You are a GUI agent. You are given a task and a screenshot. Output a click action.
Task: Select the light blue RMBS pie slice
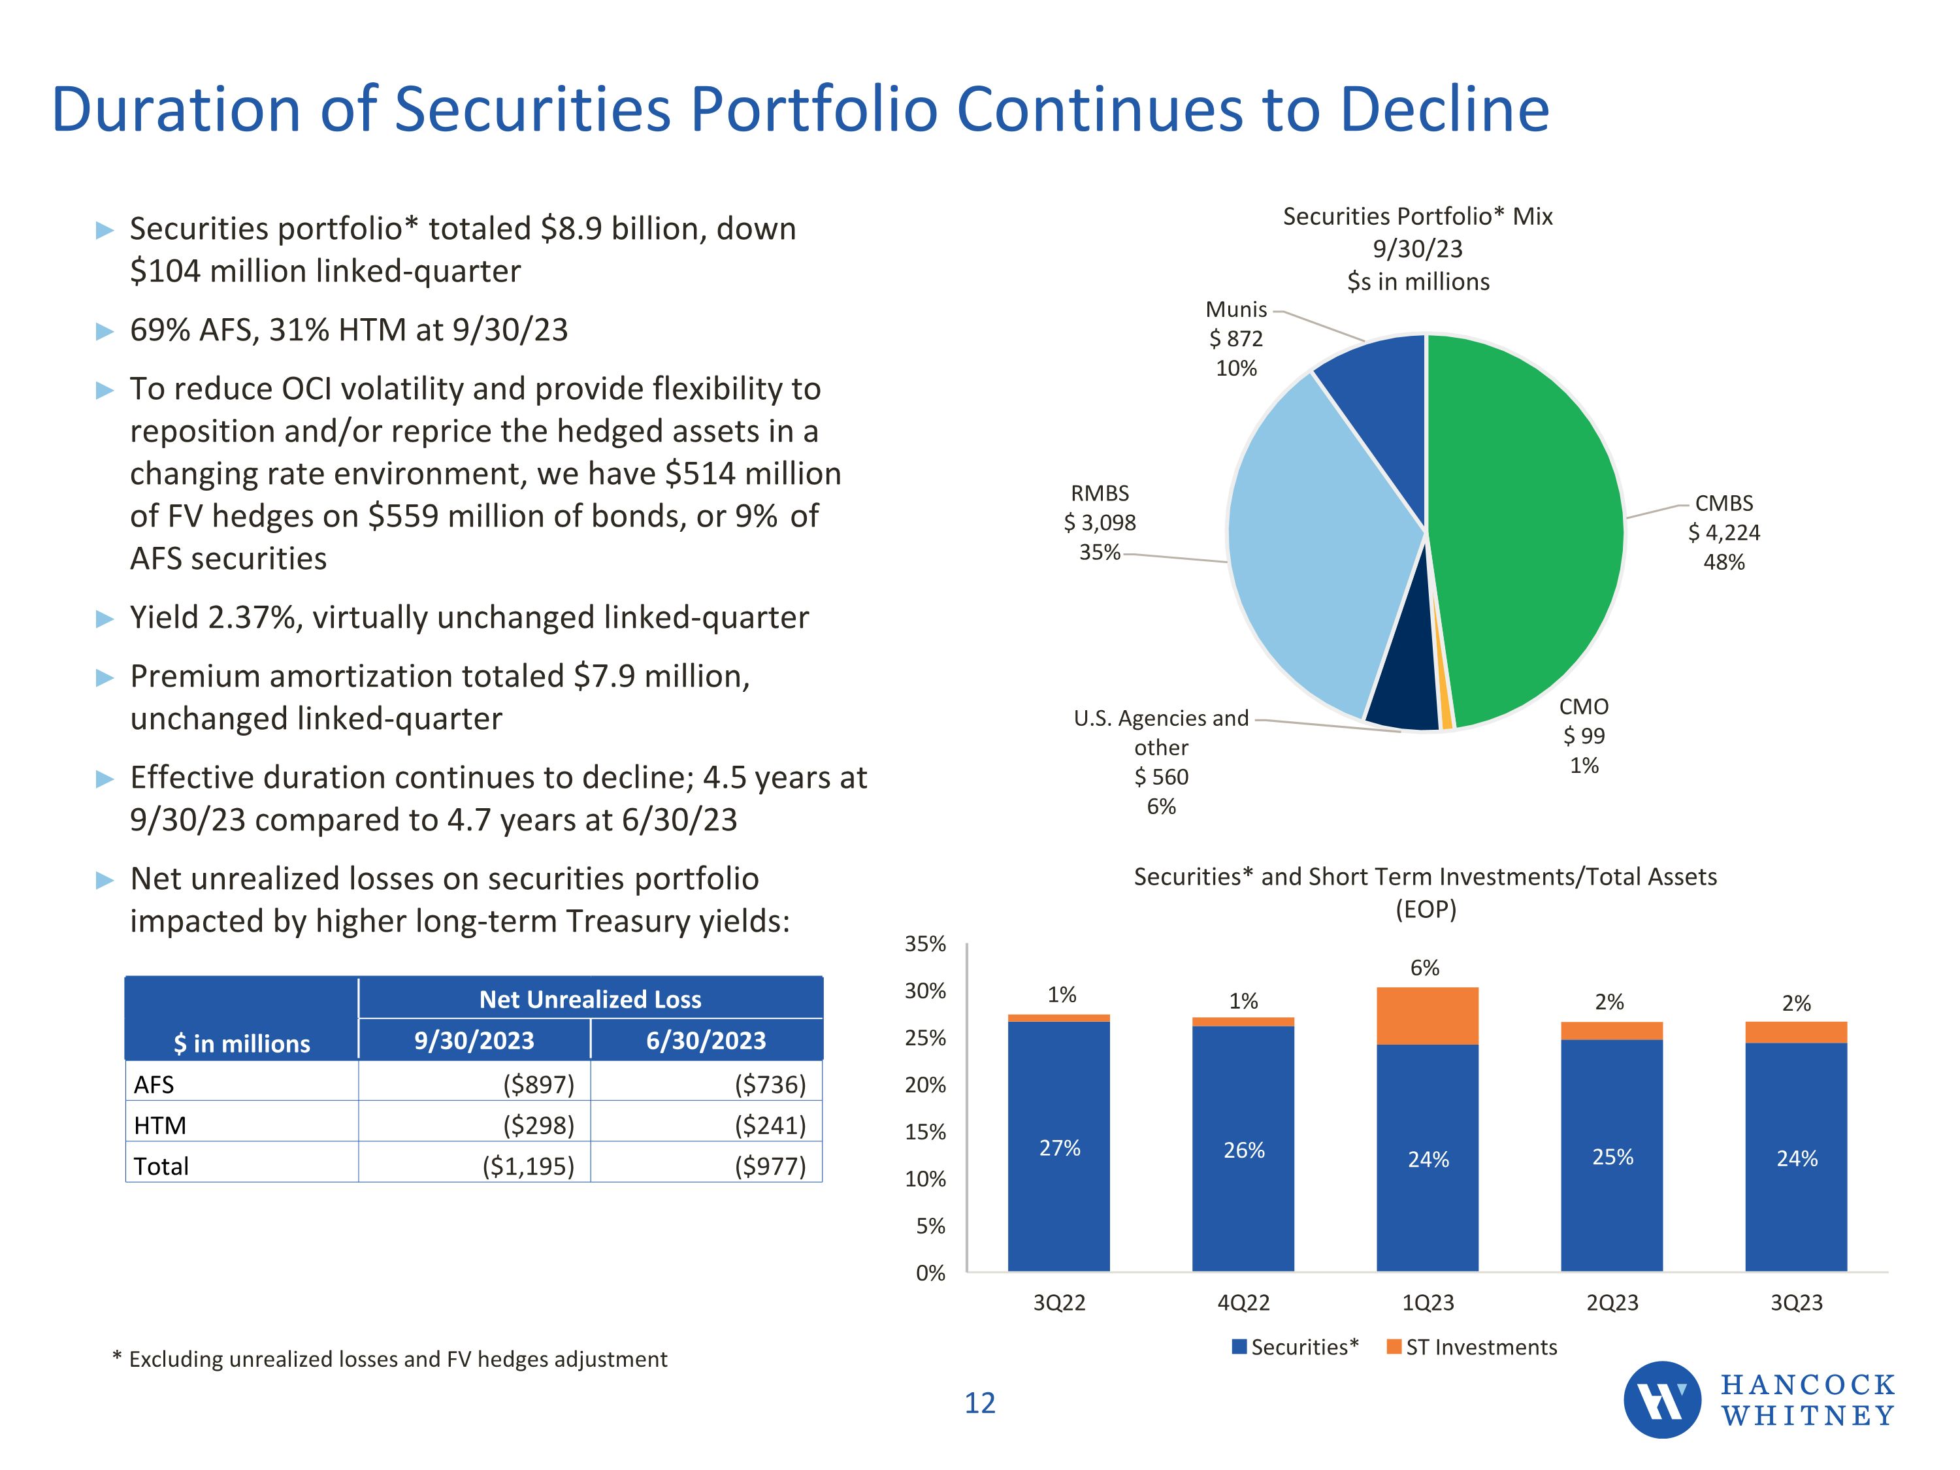point(1311,549)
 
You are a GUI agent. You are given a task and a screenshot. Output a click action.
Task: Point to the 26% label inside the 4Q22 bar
point(1243,1150)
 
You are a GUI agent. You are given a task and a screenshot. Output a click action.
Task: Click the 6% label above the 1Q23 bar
point(1425,968)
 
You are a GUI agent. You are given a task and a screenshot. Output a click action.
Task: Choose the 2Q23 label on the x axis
point(1612,1303)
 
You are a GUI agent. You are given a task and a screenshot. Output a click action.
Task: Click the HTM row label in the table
point(160,1125)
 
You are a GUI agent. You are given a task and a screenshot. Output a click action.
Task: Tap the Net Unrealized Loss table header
point(590,1000)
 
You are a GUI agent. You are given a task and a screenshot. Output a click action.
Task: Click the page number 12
point(979,1403)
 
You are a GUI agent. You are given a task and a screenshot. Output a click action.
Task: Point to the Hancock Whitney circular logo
point(1661,1399)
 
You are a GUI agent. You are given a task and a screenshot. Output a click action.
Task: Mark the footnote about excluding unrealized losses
point(390,1359)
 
